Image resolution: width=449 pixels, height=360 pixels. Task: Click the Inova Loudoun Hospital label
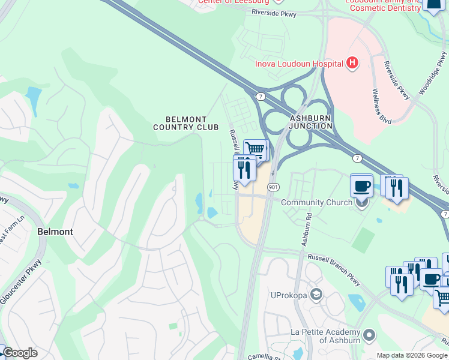click(x=299, y=63)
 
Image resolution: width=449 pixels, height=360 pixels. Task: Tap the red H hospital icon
click(x=352, y=63)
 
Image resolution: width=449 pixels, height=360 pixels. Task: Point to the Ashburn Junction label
click(x=310, y=122)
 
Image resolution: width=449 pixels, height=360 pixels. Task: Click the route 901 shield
click(x=273, y=187)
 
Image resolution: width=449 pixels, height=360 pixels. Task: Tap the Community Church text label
click(x=316, y=202)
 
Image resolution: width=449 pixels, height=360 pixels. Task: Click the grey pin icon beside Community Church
click(x=362, y=202)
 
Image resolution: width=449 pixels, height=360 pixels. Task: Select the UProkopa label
click(x=289, y=295)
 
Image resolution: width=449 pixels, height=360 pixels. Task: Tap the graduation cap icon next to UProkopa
click(x=316, y=295)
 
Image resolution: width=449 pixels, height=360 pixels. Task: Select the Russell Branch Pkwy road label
click(x=335, y=271)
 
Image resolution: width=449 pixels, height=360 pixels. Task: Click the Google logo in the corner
click(x=19, y=353)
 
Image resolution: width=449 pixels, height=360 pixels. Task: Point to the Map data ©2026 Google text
click(x=411, y=355)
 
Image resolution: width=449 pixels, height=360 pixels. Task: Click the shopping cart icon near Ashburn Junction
click(x=255, y=148)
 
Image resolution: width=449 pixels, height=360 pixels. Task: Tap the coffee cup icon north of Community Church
click(x=361, y=185)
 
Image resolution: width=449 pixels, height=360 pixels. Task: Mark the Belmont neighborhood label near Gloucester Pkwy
click(x=55, y=231)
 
